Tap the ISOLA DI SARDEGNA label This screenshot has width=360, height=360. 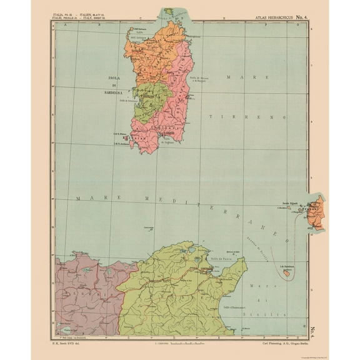point(112,88)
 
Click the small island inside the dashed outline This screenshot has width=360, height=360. point(287,274)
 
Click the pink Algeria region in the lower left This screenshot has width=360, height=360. point(81,287)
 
